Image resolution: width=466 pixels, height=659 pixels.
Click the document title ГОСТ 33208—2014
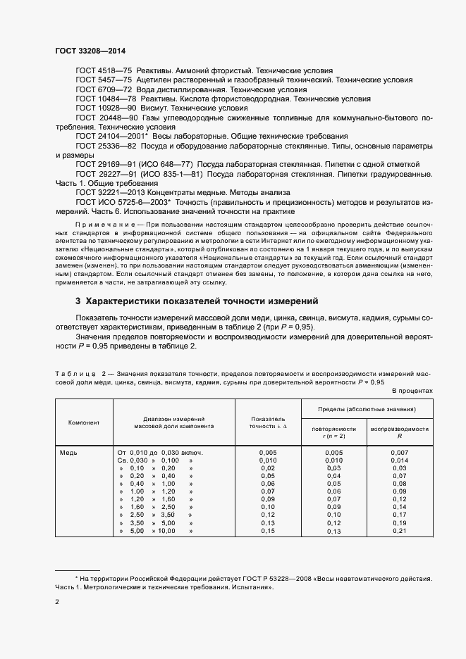coord(85,51)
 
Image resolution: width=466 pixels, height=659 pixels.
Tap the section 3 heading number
coord(78,301)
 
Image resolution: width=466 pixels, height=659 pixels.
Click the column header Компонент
coord(84,422)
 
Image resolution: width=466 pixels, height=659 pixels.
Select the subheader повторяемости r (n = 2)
coord(333,432)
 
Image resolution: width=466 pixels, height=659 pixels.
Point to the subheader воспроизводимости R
coord(400,432)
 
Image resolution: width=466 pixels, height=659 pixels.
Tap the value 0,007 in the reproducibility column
coord(400,452)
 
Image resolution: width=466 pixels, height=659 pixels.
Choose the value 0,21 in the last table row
coord(400,531)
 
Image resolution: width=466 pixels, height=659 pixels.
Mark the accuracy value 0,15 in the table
coord(268,531)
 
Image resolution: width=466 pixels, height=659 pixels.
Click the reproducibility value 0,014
coord(400,460)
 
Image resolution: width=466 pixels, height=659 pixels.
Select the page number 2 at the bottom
coord(57,603)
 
